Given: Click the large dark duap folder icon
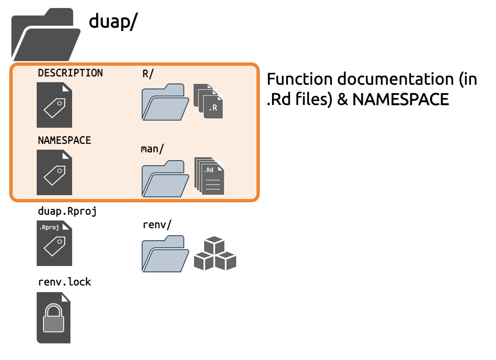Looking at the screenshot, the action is (46, 35).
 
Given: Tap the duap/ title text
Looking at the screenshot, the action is (113, 21).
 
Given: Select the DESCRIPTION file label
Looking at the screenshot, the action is (70, 73).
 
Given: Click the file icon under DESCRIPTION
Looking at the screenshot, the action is (54, 105).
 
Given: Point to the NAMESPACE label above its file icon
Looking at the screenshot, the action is (64, 140).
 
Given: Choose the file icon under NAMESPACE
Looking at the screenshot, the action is (54, 172).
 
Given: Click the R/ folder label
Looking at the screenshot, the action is (148, 74).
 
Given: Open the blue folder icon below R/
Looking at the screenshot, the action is (165, 102).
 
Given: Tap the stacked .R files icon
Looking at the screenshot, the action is (208, 101).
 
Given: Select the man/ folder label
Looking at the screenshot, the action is (152, 149).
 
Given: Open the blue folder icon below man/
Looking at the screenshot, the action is (165, 179).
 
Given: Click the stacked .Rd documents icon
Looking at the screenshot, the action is (209, 176).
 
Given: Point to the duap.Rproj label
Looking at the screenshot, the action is (67, 211).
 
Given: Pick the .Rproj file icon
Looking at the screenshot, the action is (54, 243).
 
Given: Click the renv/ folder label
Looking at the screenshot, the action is (157, 225).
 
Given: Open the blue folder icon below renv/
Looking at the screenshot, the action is (165, 254).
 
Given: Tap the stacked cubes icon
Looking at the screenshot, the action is (215, 253).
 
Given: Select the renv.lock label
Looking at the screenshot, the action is (65, 282).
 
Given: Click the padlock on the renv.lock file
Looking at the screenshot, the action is (54, 318).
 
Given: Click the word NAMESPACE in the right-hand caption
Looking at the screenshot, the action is (401, 99).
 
